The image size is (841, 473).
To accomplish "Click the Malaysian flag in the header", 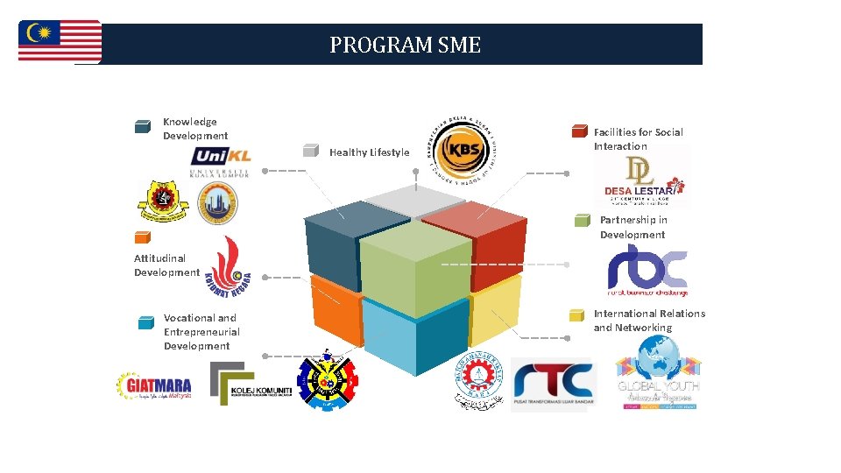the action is coord(60,41).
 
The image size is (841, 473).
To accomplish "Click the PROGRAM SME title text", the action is coord(405,45).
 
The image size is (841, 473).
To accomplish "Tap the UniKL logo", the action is coord(221,161).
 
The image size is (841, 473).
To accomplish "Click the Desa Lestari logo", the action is coord(640,180).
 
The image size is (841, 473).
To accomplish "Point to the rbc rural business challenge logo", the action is coord(647,270).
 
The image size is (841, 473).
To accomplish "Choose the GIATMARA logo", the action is coord(154,385).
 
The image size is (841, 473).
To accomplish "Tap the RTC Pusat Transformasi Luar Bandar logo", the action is coord(553,384).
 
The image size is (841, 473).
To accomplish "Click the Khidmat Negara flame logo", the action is coord(226,266).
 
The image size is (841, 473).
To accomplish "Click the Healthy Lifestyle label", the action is coord(369,152).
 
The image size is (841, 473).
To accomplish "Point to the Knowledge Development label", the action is coord(194,129).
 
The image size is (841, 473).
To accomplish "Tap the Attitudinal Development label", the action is coord(166,265).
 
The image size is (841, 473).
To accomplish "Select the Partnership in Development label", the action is coord(633,227).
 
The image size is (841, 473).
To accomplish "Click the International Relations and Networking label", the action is coord(648,321).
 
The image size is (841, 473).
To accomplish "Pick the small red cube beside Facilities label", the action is coord(579,132).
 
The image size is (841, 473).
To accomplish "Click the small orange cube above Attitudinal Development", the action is coord(142,237).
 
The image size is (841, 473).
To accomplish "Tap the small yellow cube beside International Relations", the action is coord(576,315).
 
